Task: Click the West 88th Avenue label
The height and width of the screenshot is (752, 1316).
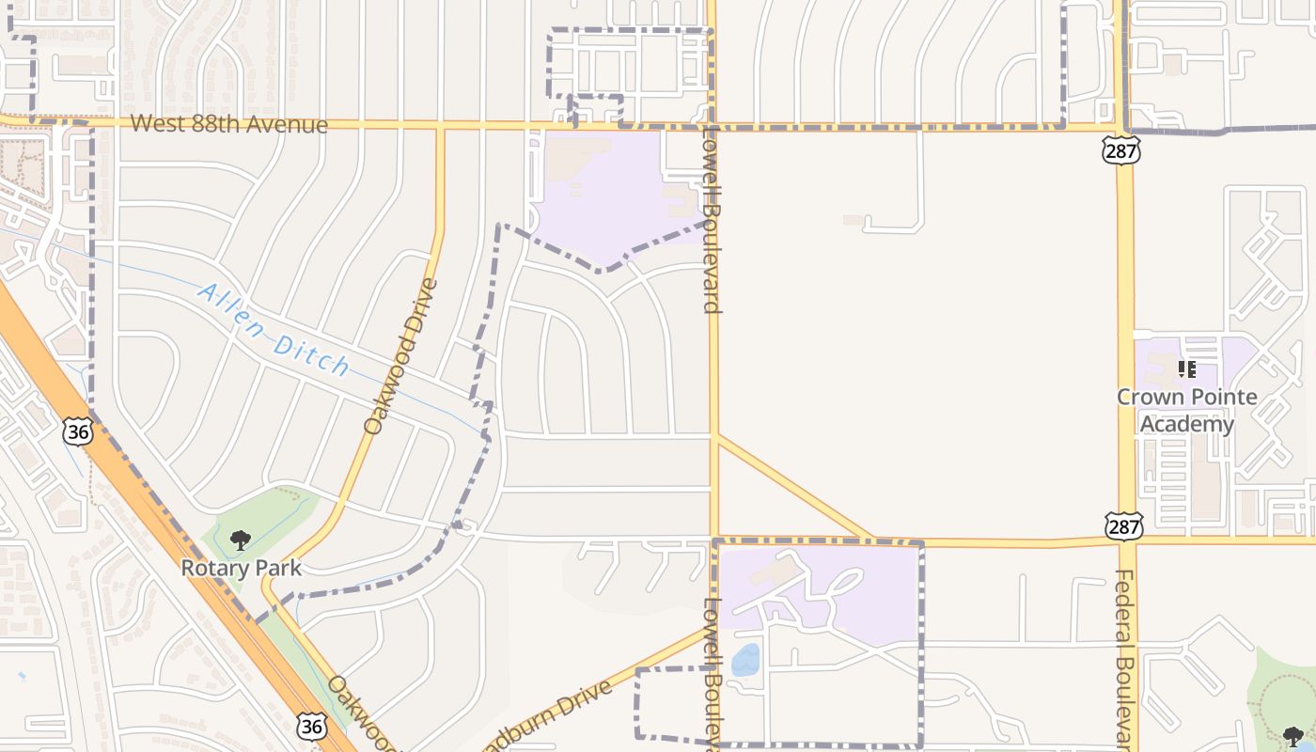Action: (228, 124)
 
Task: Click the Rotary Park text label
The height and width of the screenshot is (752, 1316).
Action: (242, 568)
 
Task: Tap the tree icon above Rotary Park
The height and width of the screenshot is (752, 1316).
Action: (241, 540)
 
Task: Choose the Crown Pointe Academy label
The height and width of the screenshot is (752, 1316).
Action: (1186, 410)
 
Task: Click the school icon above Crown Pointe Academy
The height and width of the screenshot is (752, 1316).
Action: (1187, 369)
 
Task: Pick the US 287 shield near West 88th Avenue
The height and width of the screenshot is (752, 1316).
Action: (1121, 149)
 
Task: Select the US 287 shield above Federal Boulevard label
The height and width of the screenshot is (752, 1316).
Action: (1125, 525)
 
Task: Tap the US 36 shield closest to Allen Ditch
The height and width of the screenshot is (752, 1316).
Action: (78, 431)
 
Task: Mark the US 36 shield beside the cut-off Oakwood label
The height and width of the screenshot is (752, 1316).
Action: (311, 725)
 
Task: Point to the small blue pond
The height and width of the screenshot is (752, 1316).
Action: (745, 660)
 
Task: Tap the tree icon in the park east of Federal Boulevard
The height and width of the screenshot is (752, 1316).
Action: (1293, 736)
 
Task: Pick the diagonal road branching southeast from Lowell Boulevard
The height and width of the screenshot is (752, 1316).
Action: (795, 488)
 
